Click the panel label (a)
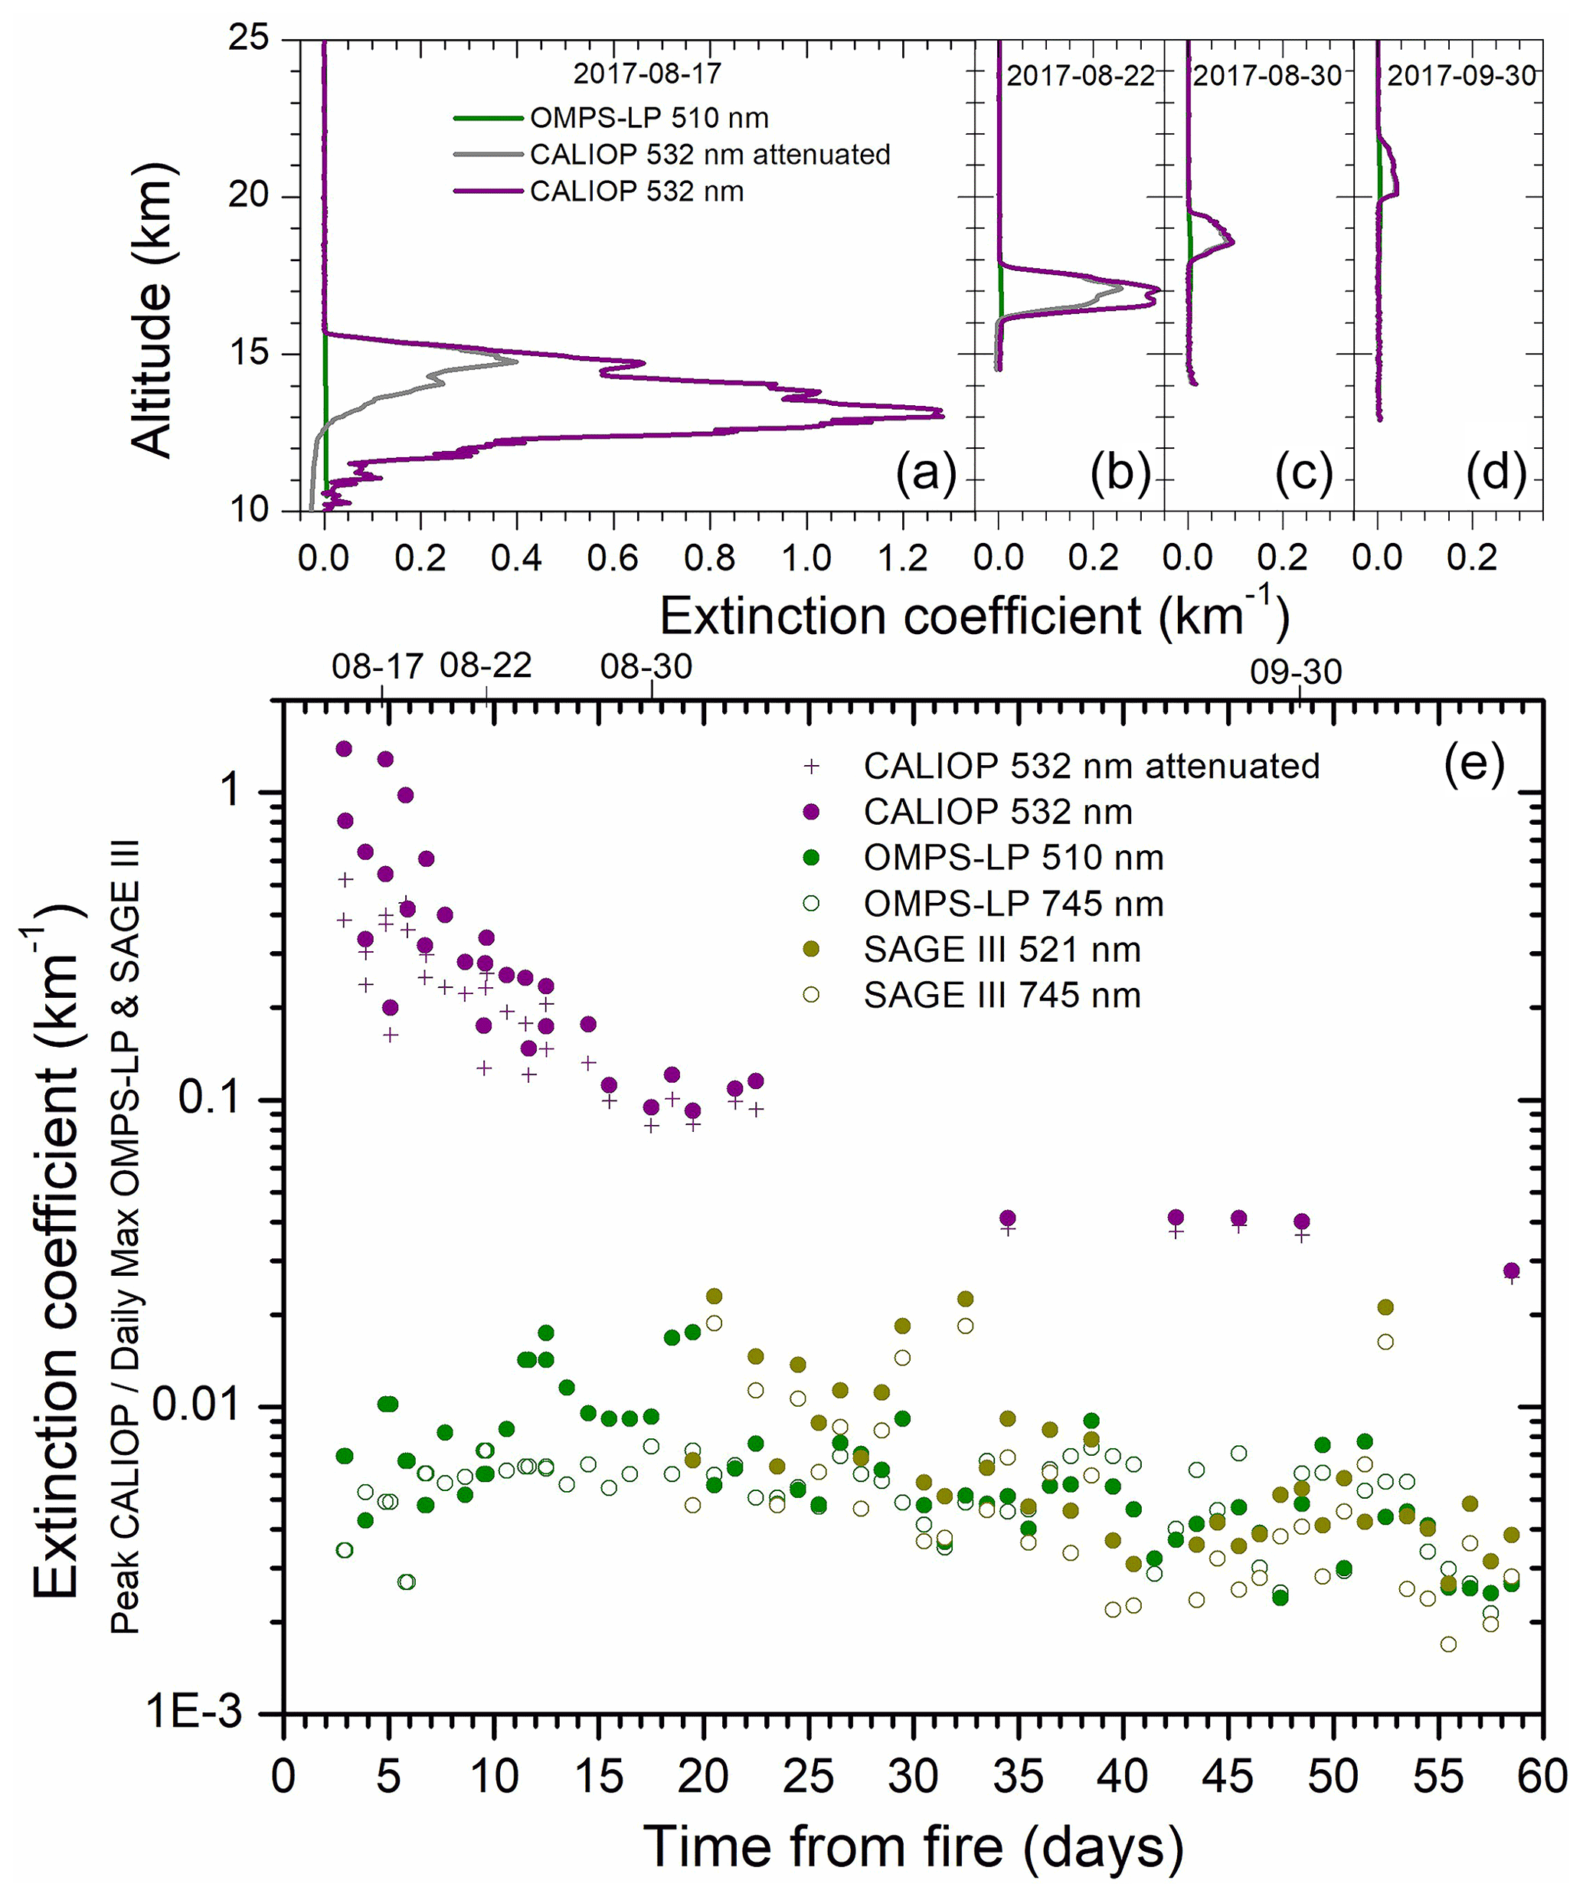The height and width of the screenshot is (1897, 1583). (x=925, y=473)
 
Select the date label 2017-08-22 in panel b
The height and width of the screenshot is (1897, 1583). (x=1081, y=76)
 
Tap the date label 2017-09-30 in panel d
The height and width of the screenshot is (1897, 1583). (x=1461, y=76)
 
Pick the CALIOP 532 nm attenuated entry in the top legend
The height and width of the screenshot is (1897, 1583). (x=709, y=155)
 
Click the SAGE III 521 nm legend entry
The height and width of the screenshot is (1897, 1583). (x=1001, y=950)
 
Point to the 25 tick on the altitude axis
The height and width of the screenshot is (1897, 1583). (x=245, y=40)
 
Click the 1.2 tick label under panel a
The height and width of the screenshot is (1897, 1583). (x=903, y=558)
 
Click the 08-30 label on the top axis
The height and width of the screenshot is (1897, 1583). (x=646, y=666)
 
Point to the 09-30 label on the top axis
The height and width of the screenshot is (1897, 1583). (x=1296, y=672)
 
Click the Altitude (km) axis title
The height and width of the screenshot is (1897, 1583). (x=150, y=310)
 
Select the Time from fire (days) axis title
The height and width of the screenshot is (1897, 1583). (x=913, y=1846)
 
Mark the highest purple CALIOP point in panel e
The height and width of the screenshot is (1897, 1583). (x=343, y=749)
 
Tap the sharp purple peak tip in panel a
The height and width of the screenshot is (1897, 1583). (x=943, y=413)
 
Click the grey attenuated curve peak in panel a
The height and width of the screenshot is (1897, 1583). (x=516, y=361)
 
